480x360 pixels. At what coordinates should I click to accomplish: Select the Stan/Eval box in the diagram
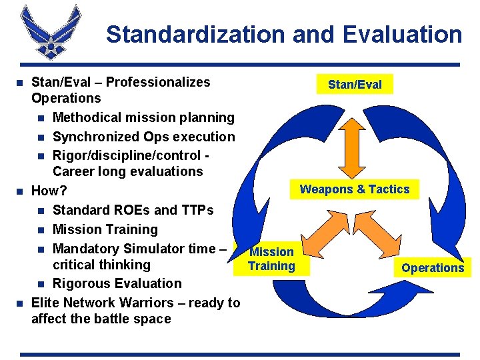pyautogui.click(x=355, y=85)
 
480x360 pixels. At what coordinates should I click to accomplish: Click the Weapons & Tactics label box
pyautogui.click(x=355, y=189)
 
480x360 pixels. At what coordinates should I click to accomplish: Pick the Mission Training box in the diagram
pyautogui.click(x=271, y=259)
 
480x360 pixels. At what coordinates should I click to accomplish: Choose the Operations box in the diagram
pyautogui.click(x=433, y=268)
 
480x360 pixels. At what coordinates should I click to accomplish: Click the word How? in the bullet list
pyautogui.click(x=45, y=191)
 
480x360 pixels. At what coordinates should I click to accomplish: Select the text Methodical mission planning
pyautogui.click(x=143, y=118)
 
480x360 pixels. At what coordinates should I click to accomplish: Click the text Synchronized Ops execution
pyautogui.click(x=143, y=137)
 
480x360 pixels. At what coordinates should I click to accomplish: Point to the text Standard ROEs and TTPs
pyautogui.click(x=133, y=210)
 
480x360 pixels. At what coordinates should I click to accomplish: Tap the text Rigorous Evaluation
pyautogui.click(x=117, y=283)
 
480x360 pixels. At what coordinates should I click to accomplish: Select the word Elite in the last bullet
pyautogui.click(x=44, y=303)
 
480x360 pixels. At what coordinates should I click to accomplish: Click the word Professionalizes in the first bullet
pyautogui.click(x=158, y=83)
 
